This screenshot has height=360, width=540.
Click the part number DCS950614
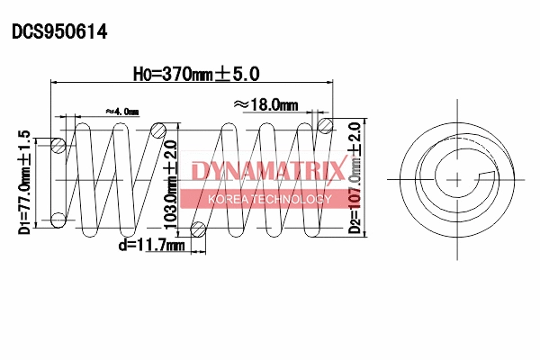point(59,32)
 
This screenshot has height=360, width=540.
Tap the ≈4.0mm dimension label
point(121,111)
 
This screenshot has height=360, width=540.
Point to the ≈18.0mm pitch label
point(265,104)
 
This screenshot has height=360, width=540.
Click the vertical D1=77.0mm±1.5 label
point(24,181)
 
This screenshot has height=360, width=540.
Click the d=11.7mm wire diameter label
point(150,244)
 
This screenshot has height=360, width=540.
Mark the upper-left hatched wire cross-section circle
point(58,145)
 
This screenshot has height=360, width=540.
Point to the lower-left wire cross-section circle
point(58,218)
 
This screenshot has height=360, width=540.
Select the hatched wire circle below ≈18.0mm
point(325,125)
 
